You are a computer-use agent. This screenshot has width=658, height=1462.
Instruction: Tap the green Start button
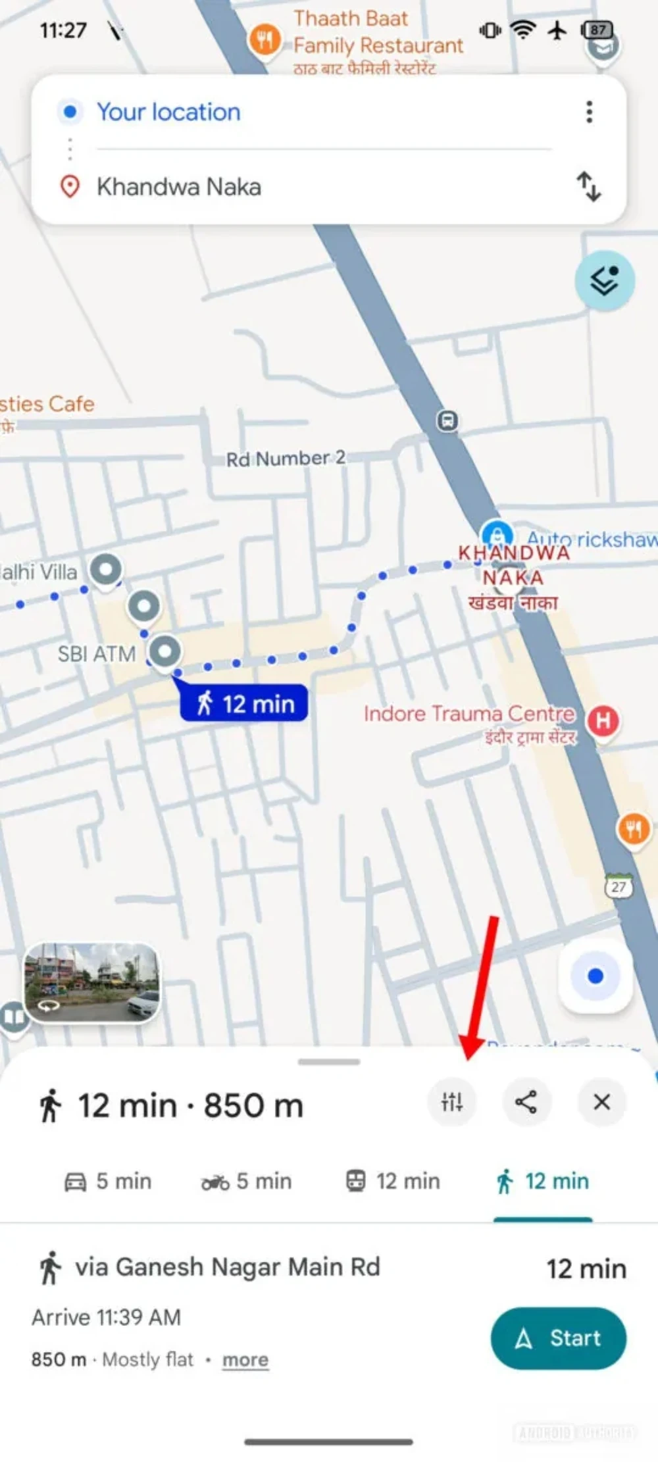(558, 1338)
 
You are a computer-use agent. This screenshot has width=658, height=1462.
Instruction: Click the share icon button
(526, 1101)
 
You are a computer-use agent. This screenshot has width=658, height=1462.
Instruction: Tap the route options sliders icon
(452, 1101)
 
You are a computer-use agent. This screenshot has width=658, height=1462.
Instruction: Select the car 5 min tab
(108, 1181)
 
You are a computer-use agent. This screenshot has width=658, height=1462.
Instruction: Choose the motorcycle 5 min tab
(246, 1181)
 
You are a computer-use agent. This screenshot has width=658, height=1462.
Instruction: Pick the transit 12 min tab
(393, 1181)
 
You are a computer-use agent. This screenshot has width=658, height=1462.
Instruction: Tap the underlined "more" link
(245, 1359)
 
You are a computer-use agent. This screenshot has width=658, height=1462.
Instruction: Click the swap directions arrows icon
(589, 186)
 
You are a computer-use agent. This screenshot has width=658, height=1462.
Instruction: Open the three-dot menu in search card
(589, 112)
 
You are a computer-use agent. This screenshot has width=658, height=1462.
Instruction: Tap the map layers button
(604, 281)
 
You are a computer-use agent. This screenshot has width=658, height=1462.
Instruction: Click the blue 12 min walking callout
(244, 703)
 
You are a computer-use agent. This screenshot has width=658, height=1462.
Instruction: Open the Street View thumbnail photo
(91, 982)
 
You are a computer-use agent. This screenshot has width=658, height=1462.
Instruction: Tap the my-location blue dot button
(595, 976)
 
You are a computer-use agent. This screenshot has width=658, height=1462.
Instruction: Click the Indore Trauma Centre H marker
(603, 721)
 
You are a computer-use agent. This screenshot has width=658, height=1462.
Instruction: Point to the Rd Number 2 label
(286, 459)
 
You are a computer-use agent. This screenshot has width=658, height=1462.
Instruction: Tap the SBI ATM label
(97, 654)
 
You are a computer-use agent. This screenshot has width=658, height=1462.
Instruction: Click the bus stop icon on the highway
(447, 420)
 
